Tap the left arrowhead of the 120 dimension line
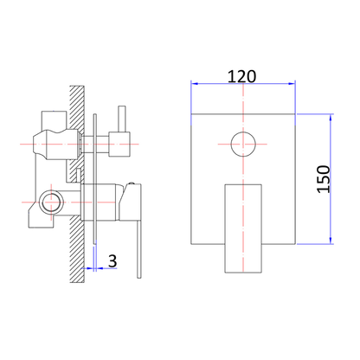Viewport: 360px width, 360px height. point(195,84)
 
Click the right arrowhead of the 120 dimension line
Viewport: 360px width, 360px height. point(291,84)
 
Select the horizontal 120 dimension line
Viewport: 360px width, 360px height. point(242,84)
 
